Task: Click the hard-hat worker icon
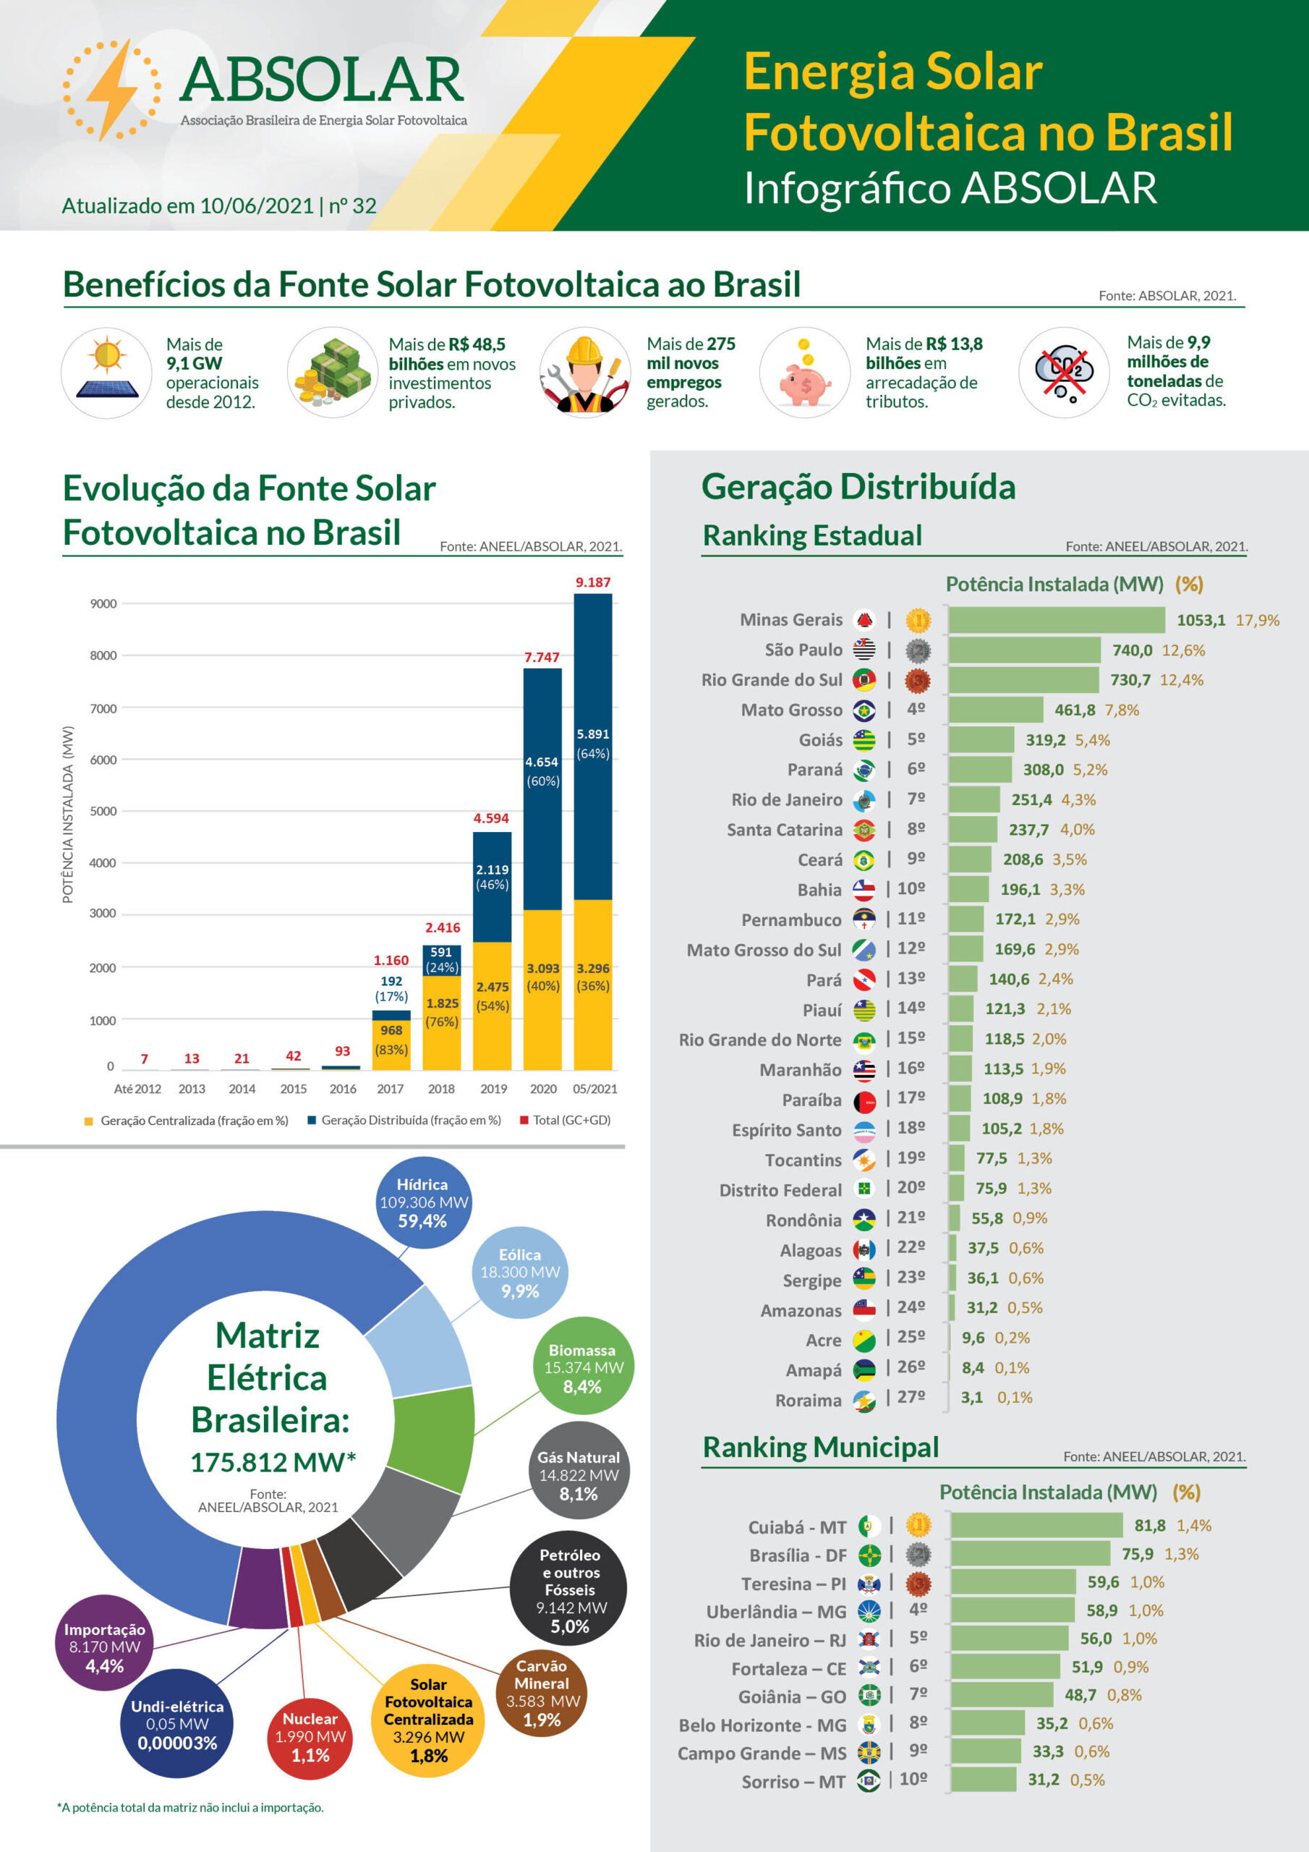(x=585, y=373)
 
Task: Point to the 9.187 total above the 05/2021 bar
(x=593, y=582)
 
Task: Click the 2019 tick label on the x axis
(x=494, y=1089)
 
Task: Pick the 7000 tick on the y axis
(x=103, y=708)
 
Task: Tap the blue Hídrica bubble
(x=422, y=1202)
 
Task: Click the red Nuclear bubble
(x=310, y=1737)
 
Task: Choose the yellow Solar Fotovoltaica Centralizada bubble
(x=428, y=1720)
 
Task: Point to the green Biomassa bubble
(x=582, y=1368)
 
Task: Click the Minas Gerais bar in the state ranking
(x=1057, y=620)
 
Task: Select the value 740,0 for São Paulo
(x=1133, y=650)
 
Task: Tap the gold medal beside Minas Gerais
(x=918, y=620)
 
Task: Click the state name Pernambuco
(x=791, y=920)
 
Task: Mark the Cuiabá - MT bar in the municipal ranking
(x=1036, y=1525)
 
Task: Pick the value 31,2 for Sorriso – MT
(x=1043, y=1780)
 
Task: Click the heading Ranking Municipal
(x=820, y=1447)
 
